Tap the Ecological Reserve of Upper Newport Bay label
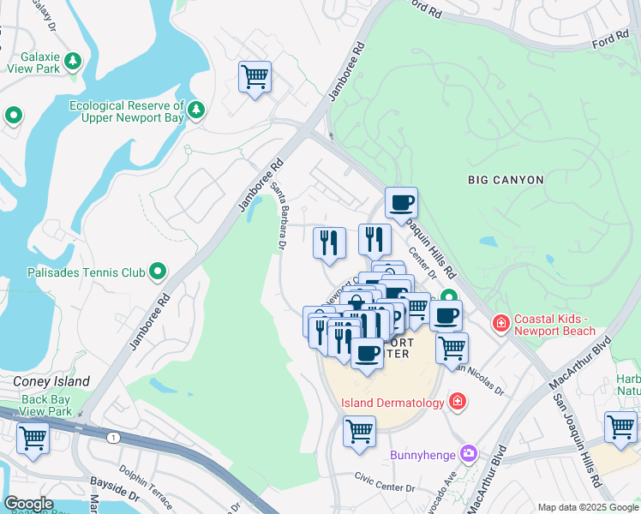click(127, 111)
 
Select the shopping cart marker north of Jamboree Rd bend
click(255, 78)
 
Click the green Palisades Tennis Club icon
click(158, 272)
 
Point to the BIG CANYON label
click(506, 180)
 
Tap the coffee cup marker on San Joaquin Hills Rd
click(401, 204)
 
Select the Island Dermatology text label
click(392, 402)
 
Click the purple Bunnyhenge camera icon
click(468, 453)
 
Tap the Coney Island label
click(51, 381)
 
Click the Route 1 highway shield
click(113, 438)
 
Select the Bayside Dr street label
click(115, 494)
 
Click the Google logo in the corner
click(28, 503)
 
